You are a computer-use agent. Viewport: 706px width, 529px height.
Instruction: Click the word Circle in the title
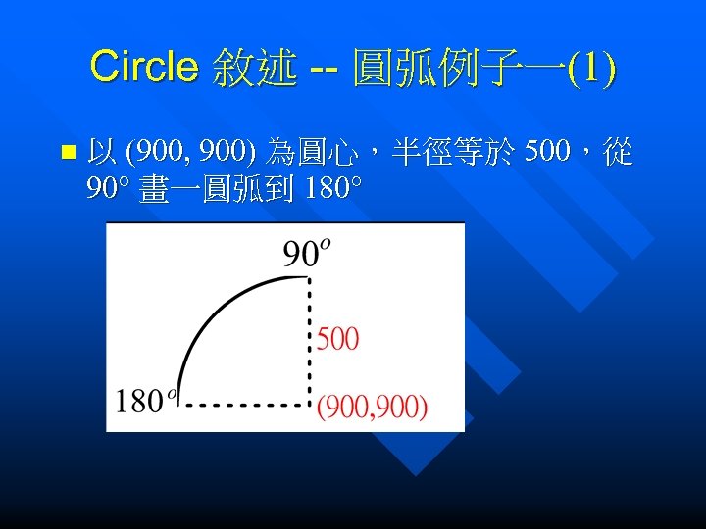(x=143, y=68)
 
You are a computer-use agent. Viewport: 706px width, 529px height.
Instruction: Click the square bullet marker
(x=67, y=153)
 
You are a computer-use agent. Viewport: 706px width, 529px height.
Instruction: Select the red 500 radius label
(x=338, y=339)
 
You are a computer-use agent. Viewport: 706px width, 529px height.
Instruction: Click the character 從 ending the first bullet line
(x=619, y=152)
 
